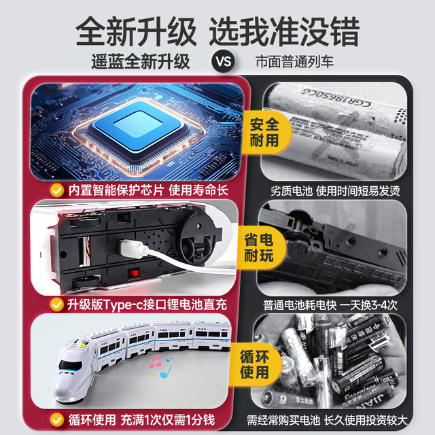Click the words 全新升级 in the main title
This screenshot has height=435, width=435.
(136, 29)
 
